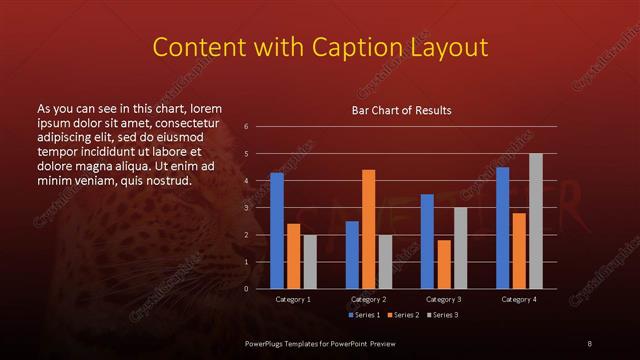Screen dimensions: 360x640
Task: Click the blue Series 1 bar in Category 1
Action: point(277,231)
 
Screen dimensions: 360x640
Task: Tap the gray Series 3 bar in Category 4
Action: point(536,221)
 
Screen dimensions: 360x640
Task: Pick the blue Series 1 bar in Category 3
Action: point(427,241)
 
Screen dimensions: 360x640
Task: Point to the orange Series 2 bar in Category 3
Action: point(444,264)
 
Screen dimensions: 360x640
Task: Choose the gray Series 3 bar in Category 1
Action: point(310,262)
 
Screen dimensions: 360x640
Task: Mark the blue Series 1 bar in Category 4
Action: point(502,228)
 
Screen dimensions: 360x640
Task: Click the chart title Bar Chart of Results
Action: point(401,110)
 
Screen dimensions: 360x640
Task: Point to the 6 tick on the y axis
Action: point(246,127)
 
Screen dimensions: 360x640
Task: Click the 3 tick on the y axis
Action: point(246,208)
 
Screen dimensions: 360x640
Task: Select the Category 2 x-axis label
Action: point(369,299)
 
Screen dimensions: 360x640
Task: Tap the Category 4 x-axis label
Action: point(519,299)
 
